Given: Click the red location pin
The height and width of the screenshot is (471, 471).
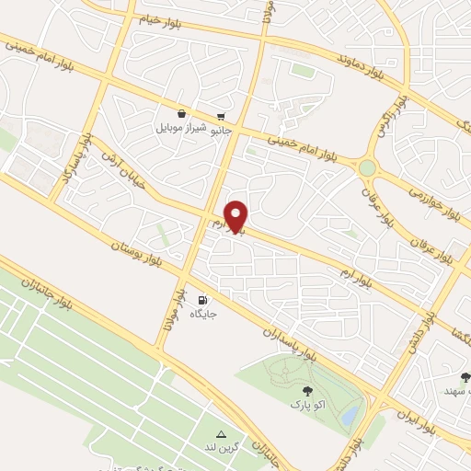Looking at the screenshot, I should tap(237, 216).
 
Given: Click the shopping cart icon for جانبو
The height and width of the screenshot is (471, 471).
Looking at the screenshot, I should tap(221, 117).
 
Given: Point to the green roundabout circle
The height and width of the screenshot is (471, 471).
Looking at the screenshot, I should tap(368, 167).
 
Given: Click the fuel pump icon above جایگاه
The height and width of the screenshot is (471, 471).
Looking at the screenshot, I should tap(202, 300).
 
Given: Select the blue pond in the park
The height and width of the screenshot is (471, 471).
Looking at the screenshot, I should tap(350, 417).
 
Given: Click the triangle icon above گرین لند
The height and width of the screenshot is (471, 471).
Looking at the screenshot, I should tap(221, 434).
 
